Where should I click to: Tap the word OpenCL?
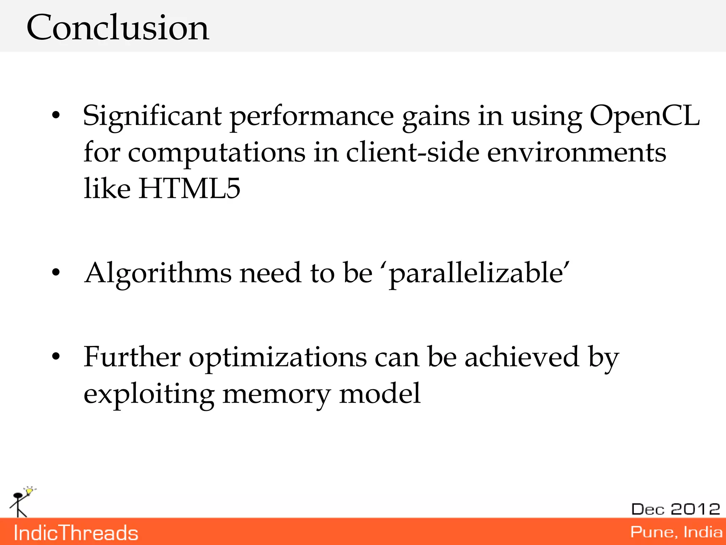point(644,116)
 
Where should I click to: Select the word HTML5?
point(189,188)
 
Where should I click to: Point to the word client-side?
point(413,153)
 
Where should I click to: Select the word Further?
point(132,357)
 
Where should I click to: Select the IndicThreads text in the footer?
point(76,533)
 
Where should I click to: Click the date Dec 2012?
point(675,510)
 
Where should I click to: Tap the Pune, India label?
point(676,532)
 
